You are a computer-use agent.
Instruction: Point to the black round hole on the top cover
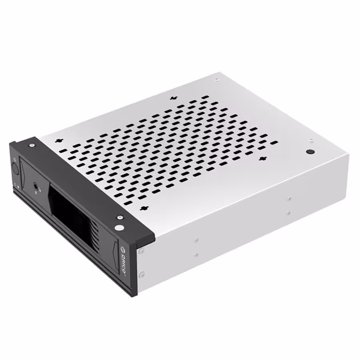[309, 152]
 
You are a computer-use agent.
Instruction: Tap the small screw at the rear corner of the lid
[216, 79]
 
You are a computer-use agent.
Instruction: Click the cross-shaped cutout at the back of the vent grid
[173, 98]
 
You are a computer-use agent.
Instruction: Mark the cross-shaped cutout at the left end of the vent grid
[60, 141]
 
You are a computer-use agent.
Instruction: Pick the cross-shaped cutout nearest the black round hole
[262, 159]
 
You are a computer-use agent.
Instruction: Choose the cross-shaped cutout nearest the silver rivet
[143, 208]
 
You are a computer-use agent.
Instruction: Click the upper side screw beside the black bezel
[141, 251]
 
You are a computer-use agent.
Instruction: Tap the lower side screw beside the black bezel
[142, 274]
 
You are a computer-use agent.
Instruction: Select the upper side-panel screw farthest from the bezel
[288, 198]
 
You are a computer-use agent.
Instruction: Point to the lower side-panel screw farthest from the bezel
[288, 213]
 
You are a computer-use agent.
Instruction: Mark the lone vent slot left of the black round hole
[274, 142]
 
